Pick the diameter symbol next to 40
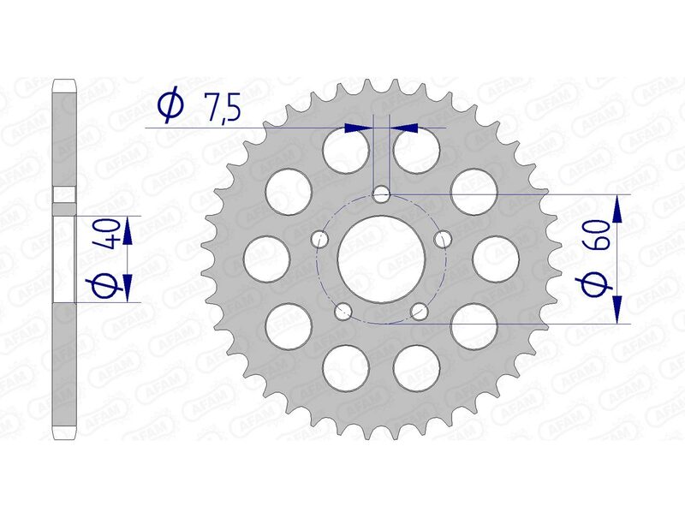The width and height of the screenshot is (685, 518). [105, 285]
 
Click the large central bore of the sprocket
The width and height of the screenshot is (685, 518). [382, 259]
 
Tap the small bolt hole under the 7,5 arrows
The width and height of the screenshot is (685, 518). [382, 196]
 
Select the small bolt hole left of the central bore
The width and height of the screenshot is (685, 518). [321, 239]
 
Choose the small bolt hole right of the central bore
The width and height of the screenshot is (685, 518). [443, 239]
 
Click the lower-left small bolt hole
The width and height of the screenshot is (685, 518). [344, 311]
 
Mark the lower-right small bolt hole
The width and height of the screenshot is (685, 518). [420, 311]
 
